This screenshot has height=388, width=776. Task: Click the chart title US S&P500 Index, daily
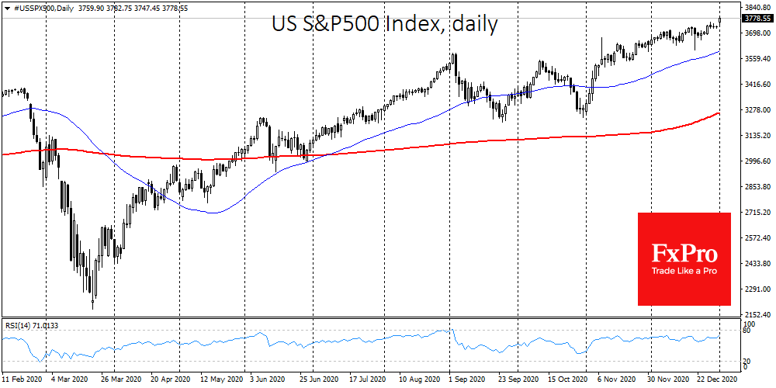[x=384, y=24]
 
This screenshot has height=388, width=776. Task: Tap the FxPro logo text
[x=684, y=254]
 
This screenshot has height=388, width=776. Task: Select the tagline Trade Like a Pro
[x=684, y=271]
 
